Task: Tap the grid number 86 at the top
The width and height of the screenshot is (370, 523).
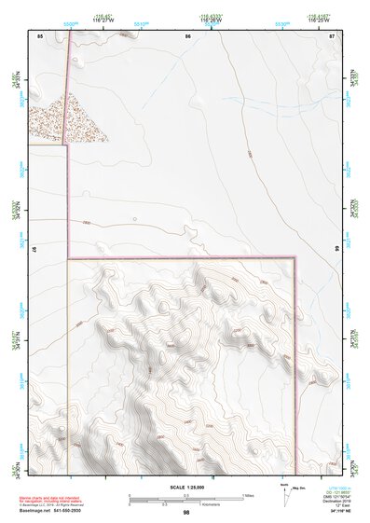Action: click(187, 35)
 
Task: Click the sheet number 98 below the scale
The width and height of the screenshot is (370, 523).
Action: click(186, 512)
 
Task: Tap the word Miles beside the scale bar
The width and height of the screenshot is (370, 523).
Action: click(249, 494)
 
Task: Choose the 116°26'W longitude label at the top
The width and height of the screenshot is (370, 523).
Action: click(212, 21)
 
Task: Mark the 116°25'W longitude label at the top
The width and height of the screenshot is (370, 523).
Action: click(322, 21)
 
